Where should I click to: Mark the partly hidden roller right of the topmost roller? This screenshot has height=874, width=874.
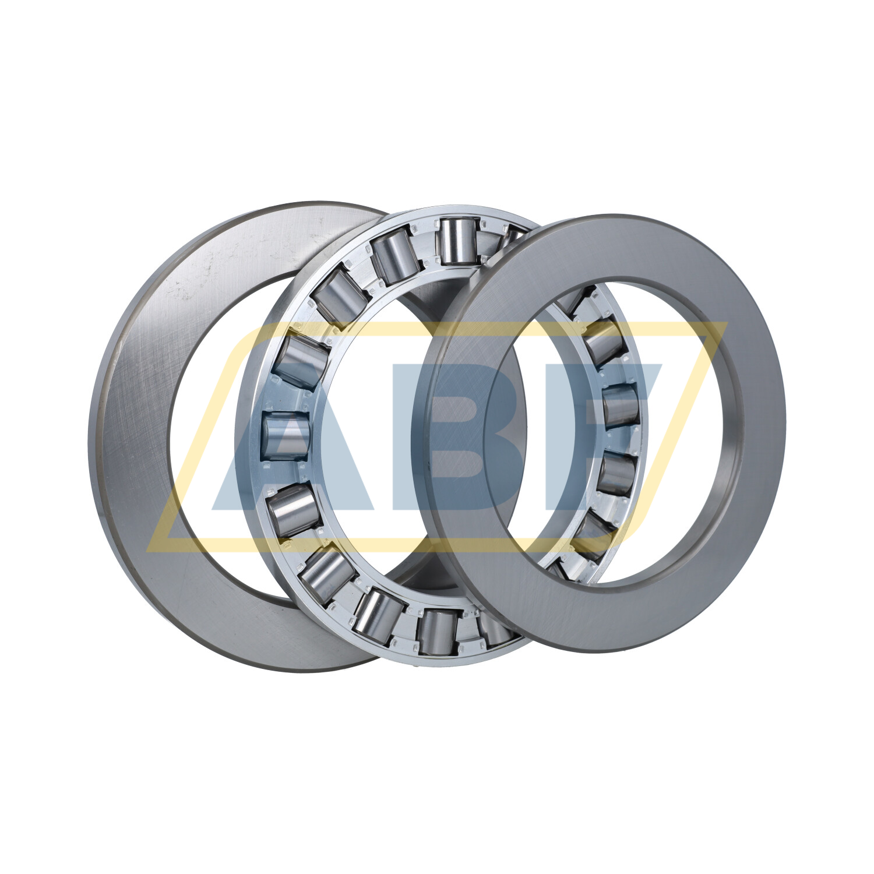[x=513, y=236]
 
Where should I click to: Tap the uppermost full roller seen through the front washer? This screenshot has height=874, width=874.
[x=604, y=344]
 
